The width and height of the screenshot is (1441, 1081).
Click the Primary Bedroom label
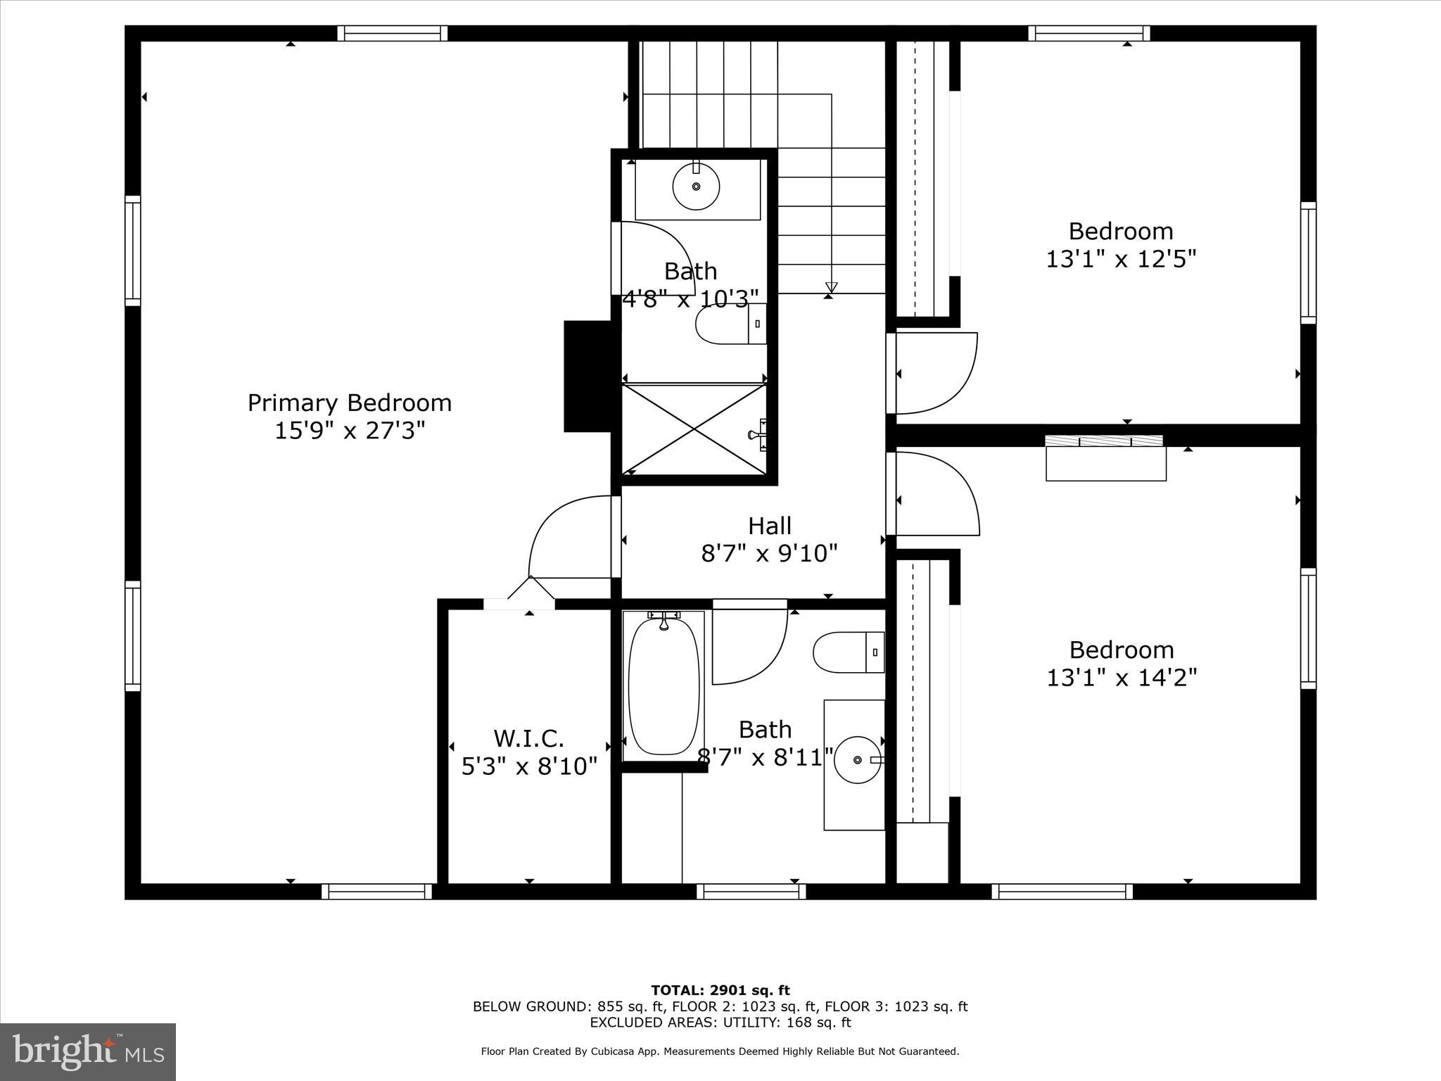click(x=350, y=403)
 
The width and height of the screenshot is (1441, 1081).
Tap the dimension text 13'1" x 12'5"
click(x=1121, y=259)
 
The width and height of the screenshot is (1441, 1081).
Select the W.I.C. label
click(x=528, y=738)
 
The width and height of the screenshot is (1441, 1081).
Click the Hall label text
click(x=769, y=526)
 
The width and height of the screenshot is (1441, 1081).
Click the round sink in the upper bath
click(x=696, y=187)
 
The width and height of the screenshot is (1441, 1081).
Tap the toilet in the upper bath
click(x=730, y=324)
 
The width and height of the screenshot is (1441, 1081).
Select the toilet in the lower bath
click(x=848, y=652)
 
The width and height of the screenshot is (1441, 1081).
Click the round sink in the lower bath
click(x=858, y=760)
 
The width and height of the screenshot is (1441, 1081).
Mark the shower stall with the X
click(x=694, y=429)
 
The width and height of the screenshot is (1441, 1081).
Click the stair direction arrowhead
click(x=831, y=287)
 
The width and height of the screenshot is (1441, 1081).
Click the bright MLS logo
click(x=88, y=1052)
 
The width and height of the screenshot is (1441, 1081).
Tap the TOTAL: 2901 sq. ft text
click(x=720, y=991)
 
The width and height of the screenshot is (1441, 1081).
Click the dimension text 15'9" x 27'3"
click(x=350, y=430)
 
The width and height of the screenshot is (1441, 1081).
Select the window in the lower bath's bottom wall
click(x=751, y=892)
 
